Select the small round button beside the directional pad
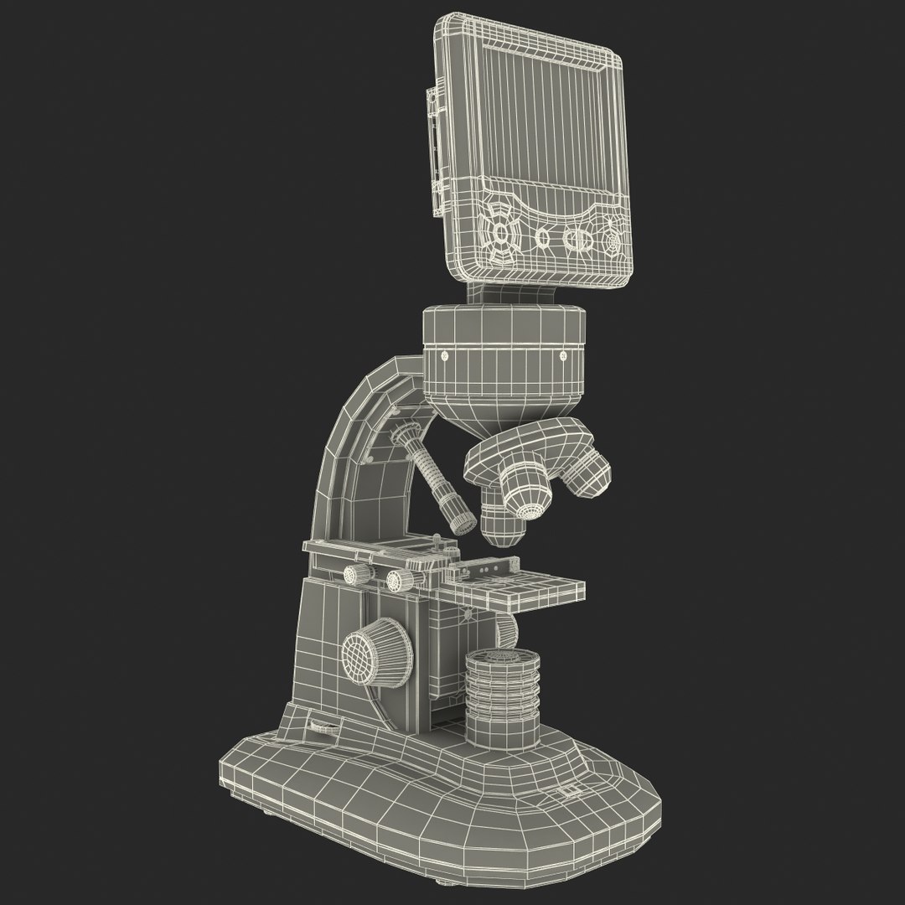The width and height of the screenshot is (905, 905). [543, 239]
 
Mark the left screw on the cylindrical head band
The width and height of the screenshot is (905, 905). [444, 355]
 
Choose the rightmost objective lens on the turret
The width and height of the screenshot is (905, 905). [589, 473]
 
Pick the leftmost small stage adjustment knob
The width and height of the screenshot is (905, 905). [355, 573]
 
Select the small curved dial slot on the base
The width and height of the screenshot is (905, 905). [322, 727]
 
